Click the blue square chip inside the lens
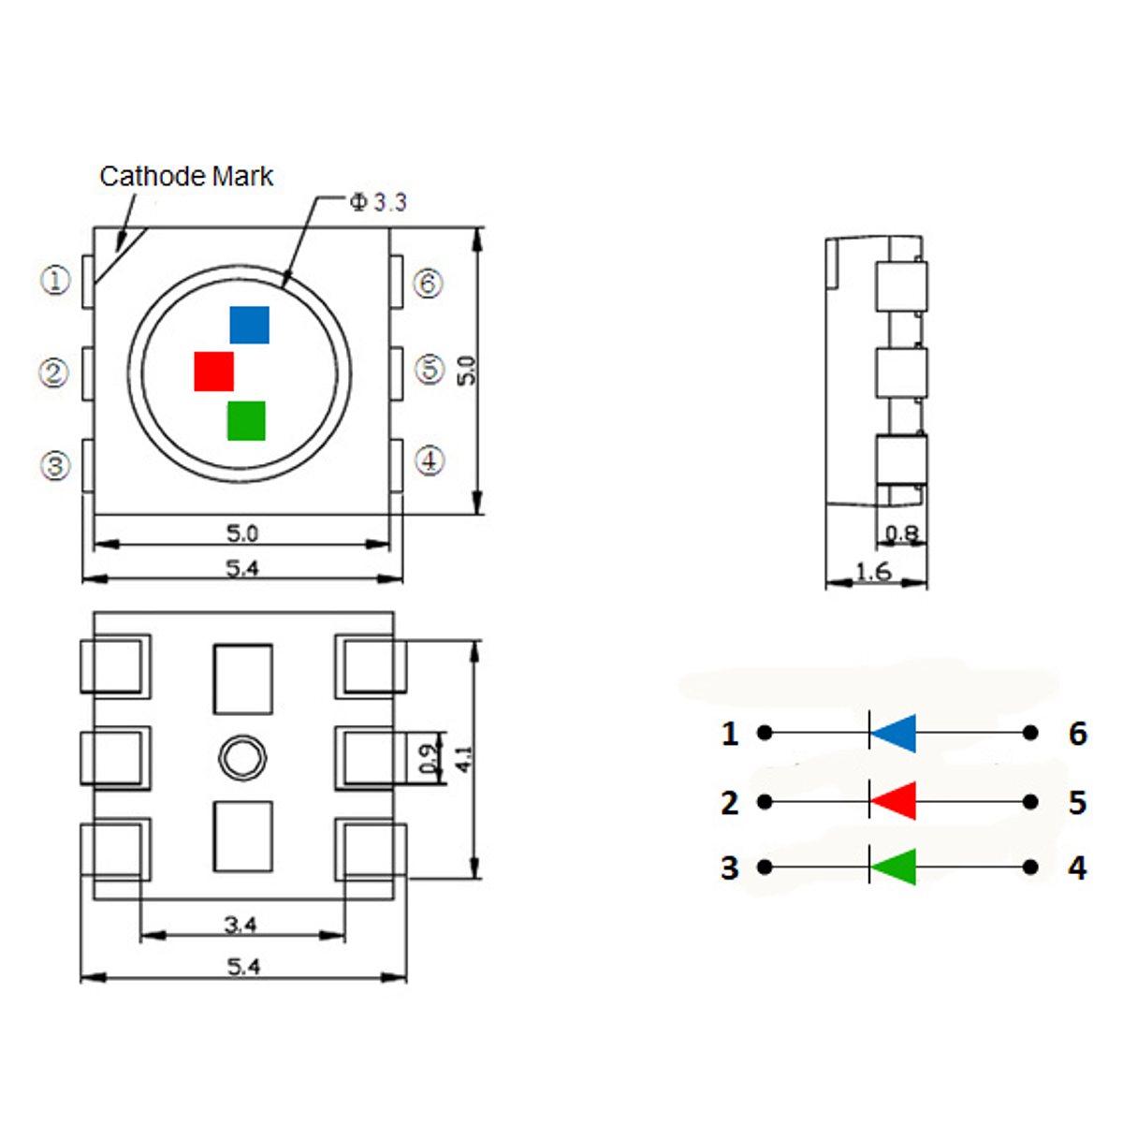[250, 325]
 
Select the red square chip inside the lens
[213, 372]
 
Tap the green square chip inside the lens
[246, 420]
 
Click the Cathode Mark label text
[186, 176]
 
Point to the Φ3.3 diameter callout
[378, 202]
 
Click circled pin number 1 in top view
[55, 280]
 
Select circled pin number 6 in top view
[428, 283]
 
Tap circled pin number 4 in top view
[429, 460]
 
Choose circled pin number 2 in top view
[54, 373]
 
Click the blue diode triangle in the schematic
[894, 733]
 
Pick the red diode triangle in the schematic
[894, 802]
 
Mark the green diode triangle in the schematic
[894, 868]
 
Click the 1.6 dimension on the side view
[872, 571]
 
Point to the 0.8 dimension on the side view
[901, 534]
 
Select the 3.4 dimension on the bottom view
[241, 925]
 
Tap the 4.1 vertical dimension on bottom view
[465, 758]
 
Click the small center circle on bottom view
[242, 756]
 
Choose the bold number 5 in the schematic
[1077, 803]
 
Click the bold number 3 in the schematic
[730, 868]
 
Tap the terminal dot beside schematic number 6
[1030, 733]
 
